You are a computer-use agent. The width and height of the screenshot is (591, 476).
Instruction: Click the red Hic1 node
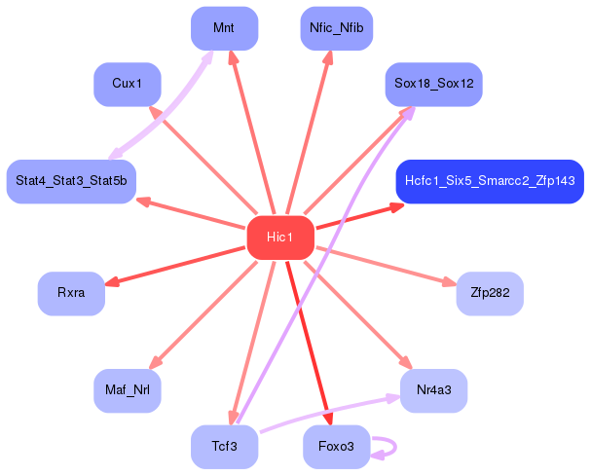[x=280, y=238]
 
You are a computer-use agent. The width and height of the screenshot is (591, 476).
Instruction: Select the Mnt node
[x=224, y=28]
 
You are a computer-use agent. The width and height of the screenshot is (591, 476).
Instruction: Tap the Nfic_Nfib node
[x=336, y=28]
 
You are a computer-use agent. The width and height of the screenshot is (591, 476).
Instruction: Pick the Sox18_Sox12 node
[x=433, y=85]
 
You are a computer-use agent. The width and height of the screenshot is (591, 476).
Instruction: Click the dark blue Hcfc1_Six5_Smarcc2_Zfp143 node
[x=490, y=181]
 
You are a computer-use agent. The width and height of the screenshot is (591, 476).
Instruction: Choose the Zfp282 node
[x=490, y=293]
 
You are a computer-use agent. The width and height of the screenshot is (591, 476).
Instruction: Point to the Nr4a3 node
[x=433, y=390]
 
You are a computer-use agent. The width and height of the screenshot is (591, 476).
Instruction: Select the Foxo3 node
[x=336, y=447]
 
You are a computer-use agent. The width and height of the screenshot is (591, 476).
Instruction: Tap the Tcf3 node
[x=224, y=447]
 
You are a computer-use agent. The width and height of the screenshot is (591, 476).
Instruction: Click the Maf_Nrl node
[x=127, y=390]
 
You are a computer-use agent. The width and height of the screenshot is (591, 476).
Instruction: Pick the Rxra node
[x=71, y=293]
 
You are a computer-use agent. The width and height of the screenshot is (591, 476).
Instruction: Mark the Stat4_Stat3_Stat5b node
[x=71, y=181]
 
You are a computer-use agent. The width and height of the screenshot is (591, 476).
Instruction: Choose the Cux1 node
[x=127, y=85]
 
